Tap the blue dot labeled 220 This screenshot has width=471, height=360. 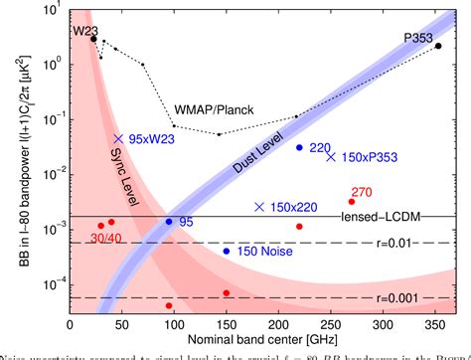(x=299, y=147)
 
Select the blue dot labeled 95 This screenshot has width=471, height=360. (x=169, y=221)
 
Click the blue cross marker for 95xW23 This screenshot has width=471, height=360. (x=118, y=138)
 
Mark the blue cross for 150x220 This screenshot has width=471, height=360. (x=259, y=207)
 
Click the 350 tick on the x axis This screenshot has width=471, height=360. (x=438, y=323)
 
